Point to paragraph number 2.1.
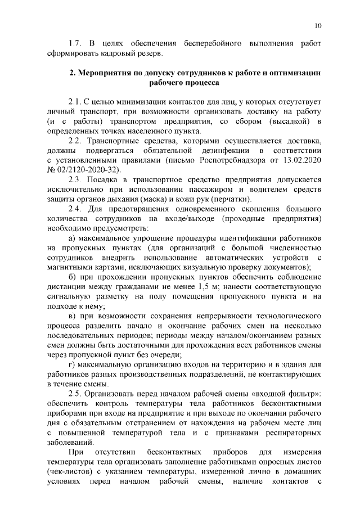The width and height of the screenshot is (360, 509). click(75, 102)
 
